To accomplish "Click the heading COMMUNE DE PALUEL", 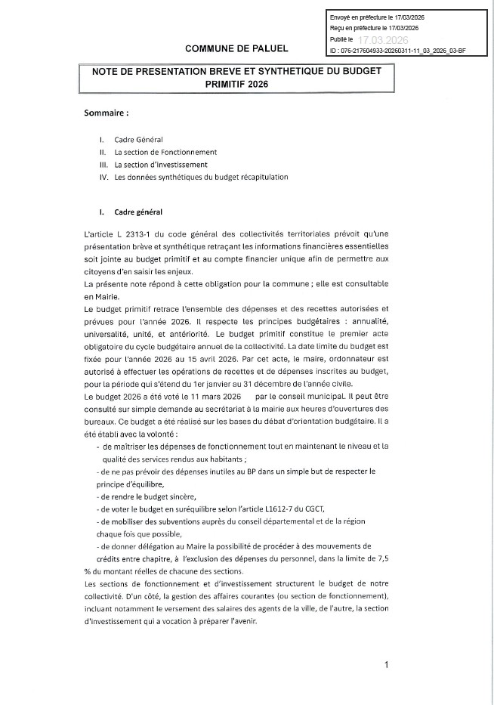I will coord(236,48).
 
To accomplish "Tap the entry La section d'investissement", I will coord(161,164).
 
